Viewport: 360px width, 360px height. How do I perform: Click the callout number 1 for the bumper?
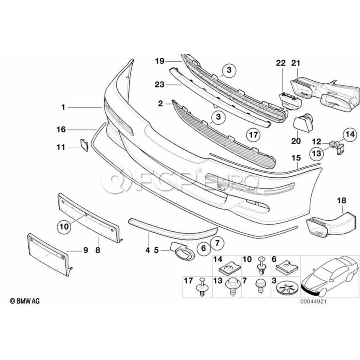coord(63,107)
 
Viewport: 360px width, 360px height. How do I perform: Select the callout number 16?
coord(61,129)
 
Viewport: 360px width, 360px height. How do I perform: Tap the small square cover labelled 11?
coord(84,144)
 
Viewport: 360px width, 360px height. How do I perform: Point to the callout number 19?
coord(160,61)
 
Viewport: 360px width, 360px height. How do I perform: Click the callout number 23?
coord(160,84)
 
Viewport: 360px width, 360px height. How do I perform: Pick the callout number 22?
coord(280,63)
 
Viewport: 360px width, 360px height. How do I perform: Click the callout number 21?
coord(296,63)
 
